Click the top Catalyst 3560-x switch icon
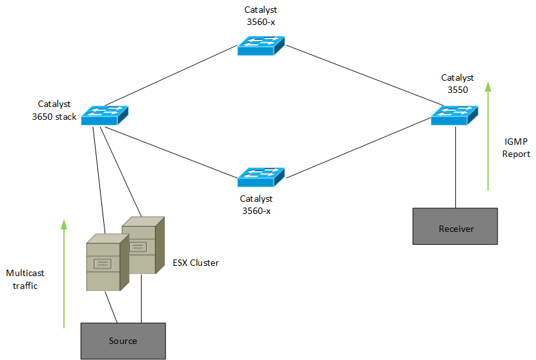[260, 46]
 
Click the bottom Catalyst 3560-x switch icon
[260, 177]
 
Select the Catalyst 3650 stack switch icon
[105, 115]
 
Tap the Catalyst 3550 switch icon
[454, 115]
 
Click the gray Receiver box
[455, 227]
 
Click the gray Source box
[122, 340]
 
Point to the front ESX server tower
[103, 262]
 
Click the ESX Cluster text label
[196, 263]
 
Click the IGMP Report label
[516, 148]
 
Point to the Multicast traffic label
[25, 279]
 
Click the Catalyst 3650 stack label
[54, 110]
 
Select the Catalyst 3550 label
[457, 84]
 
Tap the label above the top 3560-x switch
[261, 15]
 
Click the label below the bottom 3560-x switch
[256, 205]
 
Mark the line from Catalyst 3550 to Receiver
[455, 167]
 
